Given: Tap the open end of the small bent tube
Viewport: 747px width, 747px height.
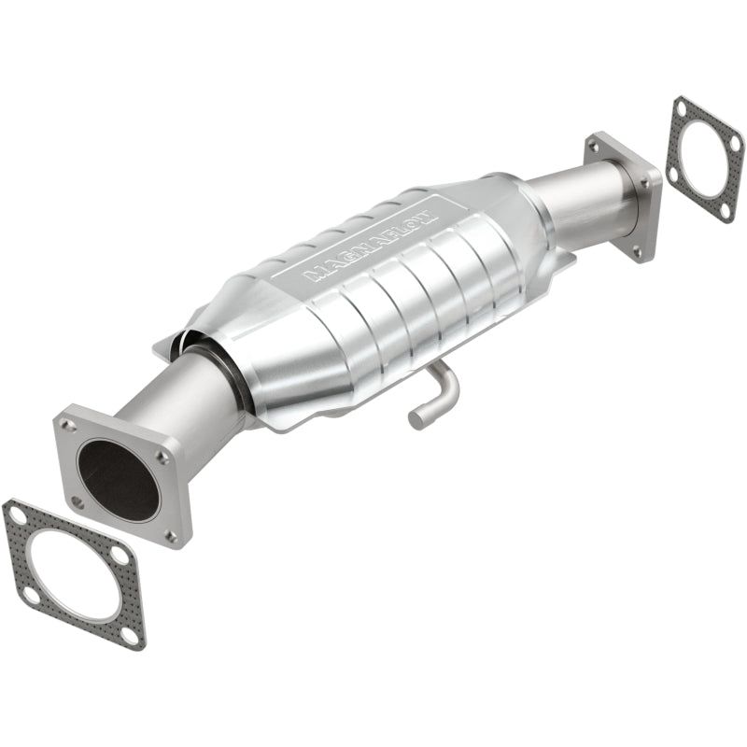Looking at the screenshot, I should click(418, 419).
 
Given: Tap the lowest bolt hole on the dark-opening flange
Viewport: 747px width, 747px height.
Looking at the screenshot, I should click(171, 535).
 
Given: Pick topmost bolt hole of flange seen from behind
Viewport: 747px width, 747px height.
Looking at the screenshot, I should click(594, 147).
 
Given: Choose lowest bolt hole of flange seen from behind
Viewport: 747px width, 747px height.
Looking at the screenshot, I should click(638, 251).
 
